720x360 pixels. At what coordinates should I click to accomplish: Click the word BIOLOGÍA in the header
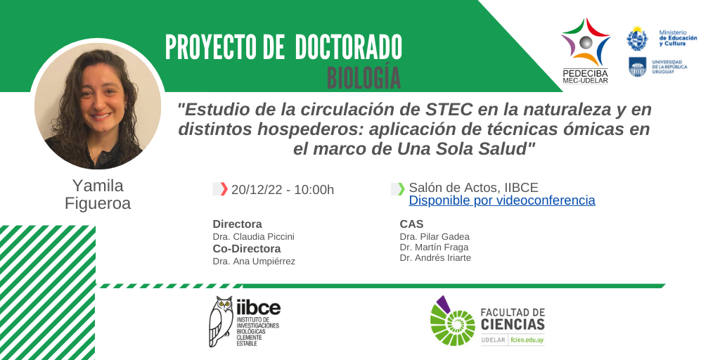click(x=364, y=77)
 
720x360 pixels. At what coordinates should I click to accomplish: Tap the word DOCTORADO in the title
click(x=349, y=47)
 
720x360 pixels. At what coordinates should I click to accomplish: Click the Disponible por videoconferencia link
click(x=502, y=200)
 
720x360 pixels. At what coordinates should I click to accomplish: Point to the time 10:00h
click(x=314, y=190)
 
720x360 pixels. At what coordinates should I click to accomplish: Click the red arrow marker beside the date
click(x=224, y=188)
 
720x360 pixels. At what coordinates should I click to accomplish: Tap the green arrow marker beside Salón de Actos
click(x=401, y=188)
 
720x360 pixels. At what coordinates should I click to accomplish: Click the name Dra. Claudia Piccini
click(x=253, y=237)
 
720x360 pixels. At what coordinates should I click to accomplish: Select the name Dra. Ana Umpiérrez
click(x=254, y=262)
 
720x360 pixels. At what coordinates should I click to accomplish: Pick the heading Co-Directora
click(x=247, y=249)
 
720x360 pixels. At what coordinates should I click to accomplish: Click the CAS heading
click(x=411, y=224)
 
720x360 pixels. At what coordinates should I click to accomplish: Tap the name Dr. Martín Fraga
click(x=434, y=247)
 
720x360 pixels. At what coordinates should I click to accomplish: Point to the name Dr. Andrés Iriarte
click(x=435, y=258)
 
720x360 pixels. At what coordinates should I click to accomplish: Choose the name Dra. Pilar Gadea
click(x=435, y=237)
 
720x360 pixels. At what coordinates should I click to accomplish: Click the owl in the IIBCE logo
click(x=221, y=321)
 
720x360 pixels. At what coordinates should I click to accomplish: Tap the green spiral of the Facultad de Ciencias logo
click(x=453, y=321)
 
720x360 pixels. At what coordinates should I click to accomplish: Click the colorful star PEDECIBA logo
click(x=586, y=41)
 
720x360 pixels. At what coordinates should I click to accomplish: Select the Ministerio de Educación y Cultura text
click(x=678, y=38)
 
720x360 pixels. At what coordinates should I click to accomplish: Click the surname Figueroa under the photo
click(x=98, y=203)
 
